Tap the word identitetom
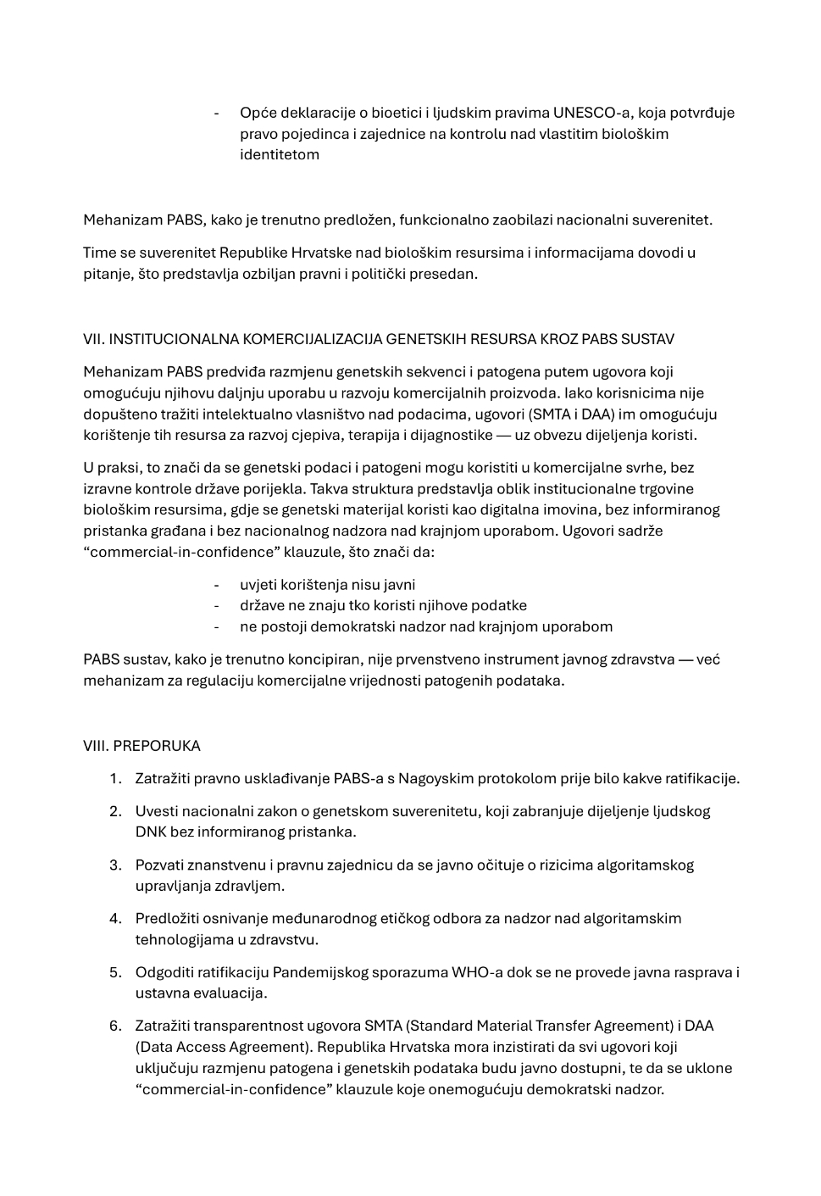[x=280, y=154]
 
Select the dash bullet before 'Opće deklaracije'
[x=217, y=113]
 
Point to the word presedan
[x=449, y=274]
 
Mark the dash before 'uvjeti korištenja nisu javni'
[x=217, y=585]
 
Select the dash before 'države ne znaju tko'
[x=217, y=605]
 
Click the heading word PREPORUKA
[x=157, y=746]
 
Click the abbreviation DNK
[x=151, y=832]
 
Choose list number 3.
[x=115, y=865]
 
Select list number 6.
[x=115, y=1026]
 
